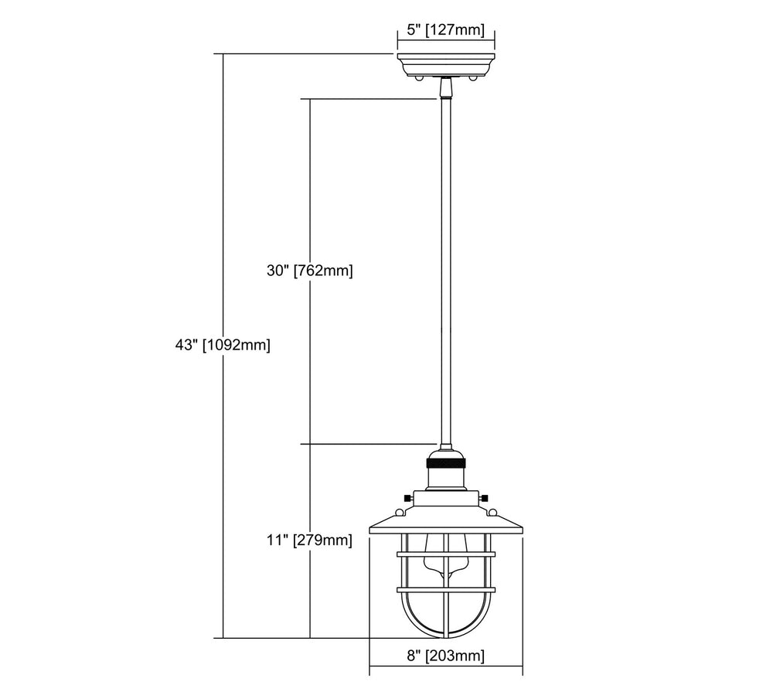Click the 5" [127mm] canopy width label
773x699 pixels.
coord(446,30)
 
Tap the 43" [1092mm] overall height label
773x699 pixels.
coord(223,345)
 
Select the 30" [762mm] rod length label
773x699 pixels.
coord(310,271)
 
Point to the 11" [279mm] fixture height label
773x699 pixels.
coord(310,540)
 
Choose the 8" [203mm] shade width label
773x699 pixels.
coord(446,656)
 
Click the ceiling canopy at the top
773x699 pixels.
coord(446,65)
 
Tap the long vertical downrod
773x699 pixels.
coord(446,272)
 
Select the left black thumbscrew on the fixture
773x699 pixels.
coord(407,497)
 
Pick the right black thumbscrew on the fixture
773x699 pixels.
coord(485,497)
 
